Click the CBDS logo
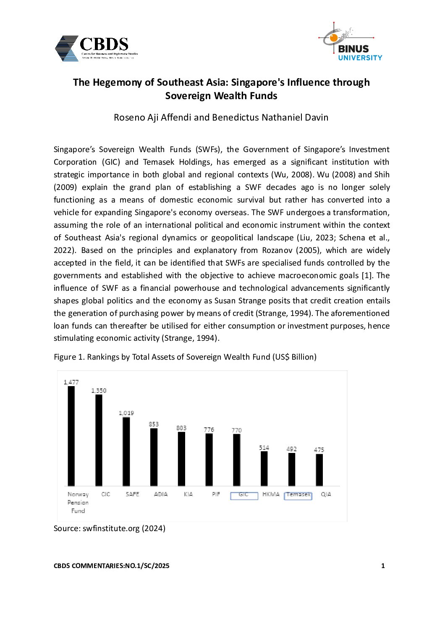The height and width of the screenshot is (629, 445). [x=96, y=48]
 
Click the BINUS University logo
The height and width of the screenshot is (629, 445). [x=352, y=42]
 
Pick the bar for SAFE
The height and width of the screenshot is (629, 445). [x=126, y=452]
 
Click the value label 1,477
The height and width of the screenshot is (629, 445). [x=71, y=382]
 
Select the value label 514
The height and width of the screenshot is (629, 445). [x=264, y=447]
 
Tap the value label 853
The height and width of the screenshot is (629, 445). [x=154, y=424]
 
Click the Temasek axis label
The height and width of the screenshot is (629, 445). [x=298, y=495]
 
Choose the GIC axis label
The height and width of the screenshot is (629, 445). [x=243, y=495]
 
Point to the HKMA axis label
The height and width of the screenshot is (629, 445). [x=271, y=494]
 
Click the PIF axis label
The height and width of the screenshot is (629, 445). [x=216, y=494]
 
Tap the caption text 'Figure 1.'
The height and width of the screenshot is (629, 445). [x=69, y=357]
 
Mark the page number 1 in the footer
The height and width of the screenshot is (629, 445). [x=383, y=566]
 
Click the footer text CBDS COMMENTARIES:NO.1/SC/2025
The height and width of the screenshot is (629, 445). [x=111, y=566]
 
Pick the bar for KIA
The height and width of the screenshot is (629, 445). [x=181, y=459]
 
